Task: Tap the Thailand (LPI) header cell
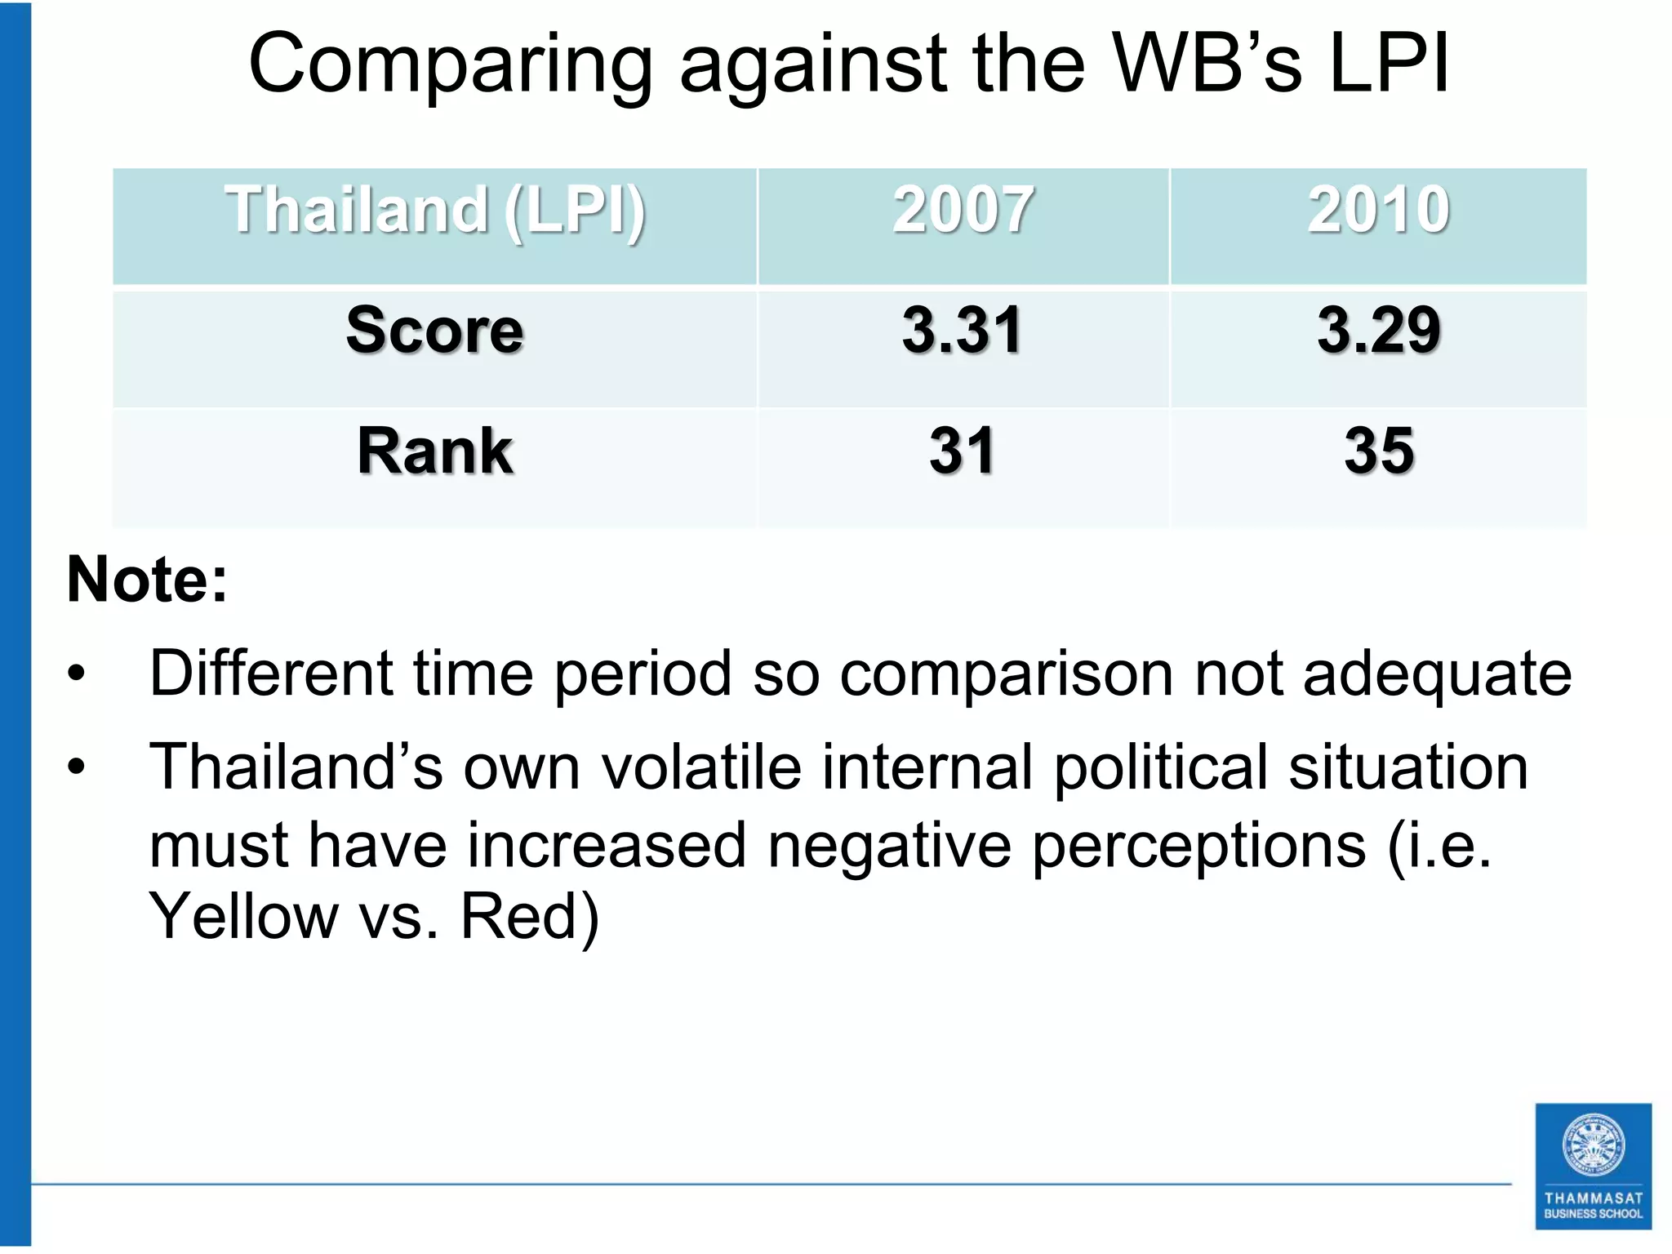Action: click(x=435, y=211)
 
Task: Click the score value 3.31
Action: click(x=962, y=330)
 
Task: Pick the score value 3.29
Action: click(x=1378, y=330)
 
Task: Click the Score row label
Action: click(x=434, y=330)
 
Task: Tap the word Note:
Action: click(x=147, y=579)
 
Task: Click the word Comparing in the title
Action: click(x=450, y=65)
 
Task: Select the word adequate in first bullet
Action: click(x=1437, y=675)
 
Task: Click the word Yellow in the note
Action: click(x=242, y=917)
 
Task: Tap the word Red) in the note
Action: click(x=529, y=917)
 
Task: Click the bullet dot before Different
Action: click(x=77, y=674)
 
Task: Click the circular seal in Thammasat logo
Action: click(x=1593, y=1145)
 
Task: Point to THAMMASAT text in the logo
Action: click(x=1593, y=1198)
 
